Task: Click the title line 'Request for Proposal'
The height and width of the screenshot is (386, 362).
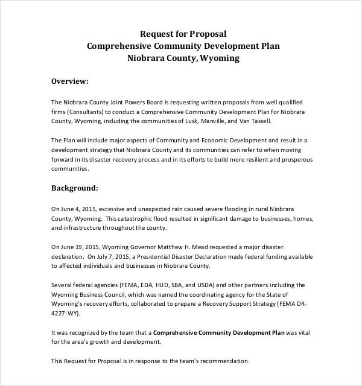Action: (x=183, y=34)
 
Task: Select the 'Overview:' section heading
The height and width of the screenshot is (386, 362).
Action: (x=70, y=81)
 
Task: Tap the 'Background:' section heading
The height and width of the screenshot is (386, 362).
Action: (x=74, y=188)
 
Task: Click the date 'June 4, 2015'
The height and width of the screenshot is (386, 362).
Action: (x=78, y=209)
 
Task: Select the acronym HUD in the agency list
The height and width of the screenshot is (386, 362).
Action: (x=160, y=285)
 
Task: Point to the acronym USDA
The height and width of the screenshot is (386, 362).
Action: (x=205, y=285)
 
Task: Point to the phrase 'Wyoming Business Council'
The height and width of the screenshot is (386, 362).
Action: (x=91, y=294)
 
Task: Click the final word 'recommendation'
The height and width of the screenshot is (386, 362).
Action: (x=219, y=361)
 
